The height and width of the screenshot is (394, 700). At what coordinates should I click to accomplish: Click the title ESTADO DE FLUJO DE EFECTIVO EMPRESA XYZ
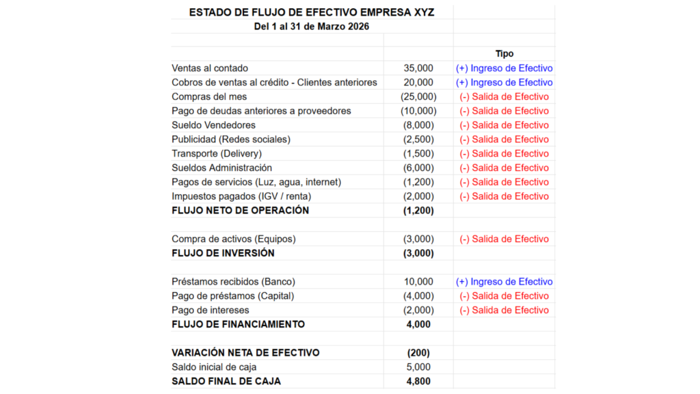pyautogui.click(x=311, y=12)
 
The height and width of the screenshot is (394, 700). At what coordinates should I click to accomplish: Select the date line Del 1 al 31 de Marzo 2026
pyautogui.click(x=311, y=27)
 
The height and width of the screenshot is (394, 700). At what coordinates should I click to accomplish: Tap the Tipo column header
pyautogui.click(x=504, y=53)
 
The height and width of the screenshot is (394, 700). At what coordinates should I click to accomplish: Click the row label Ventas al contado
pyautogui.click(x=210, y=68)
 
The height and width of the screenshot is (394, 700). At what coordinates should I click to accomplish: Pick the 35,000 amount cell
pyautogui.click(x=418, y=68)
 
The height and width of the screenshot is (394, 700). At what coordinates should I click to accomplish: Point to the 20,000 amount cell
pyautogui.click(x=418, y=83)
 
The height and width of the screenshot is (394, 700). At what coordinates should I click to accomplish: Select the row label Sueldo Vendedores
pyautogui.click(x=213, y=125)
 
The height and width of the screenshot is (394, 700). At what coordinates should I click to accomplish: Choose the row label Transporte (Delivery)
pyautogui.click(x=217, y=154)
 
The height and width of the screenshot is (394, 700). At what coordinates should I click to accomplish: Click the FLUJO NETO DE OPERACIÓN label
pyautogui.click(x=240, y=211)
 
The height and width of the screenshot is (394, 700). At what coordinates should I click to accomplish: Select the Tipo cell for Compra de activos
pyautogui.click(x=504, y=239)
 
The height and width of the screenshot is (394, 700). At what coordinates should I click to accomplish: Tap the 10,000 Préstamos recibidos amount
pyautogui.click(x=418, y=282)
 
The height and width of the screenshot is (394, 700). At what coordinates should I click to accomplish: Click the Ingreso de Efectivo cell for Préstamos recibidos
pyautogui.click(x=504, y=282)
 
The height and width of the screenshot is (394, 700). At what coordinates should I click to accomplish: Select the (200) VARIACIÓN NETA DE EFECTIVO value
pyautogui.click(x=418, y=353)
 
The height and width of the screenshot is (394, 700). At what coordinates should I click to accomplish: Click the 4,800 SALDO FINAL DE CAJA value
pyautogui.click(x=418, y=382)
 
